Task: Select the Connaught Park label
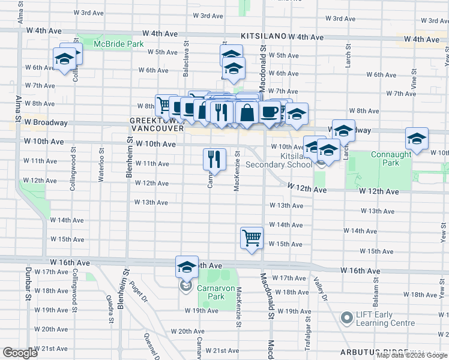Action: [390, 158]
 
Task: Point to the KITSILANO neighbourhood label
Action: [264, 37]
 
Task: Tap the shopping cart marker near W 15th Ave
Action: [252, 238]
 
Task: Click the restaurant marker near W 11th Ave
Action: [214, 158]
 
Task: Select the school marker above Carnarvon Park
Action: [187, 266]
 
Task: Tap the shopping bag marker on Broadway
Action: [247, 112]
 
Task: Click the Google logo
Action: [19, 353]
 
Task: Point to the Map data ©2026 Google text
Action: [412, 355]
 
